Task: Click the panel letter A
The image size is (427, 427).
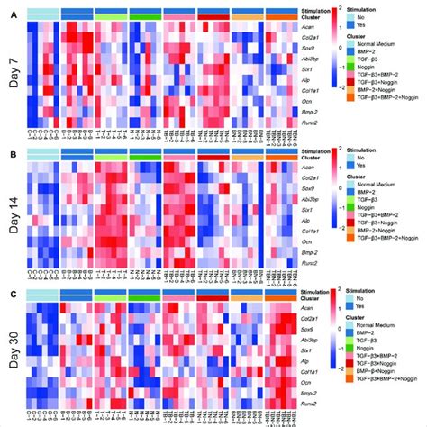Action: point(7,9)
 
